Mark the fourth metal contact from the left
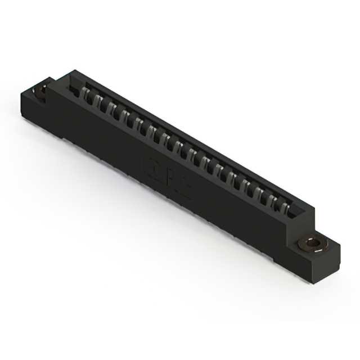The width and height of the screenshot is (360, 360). pyautogui.click(x=124, y=116)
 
